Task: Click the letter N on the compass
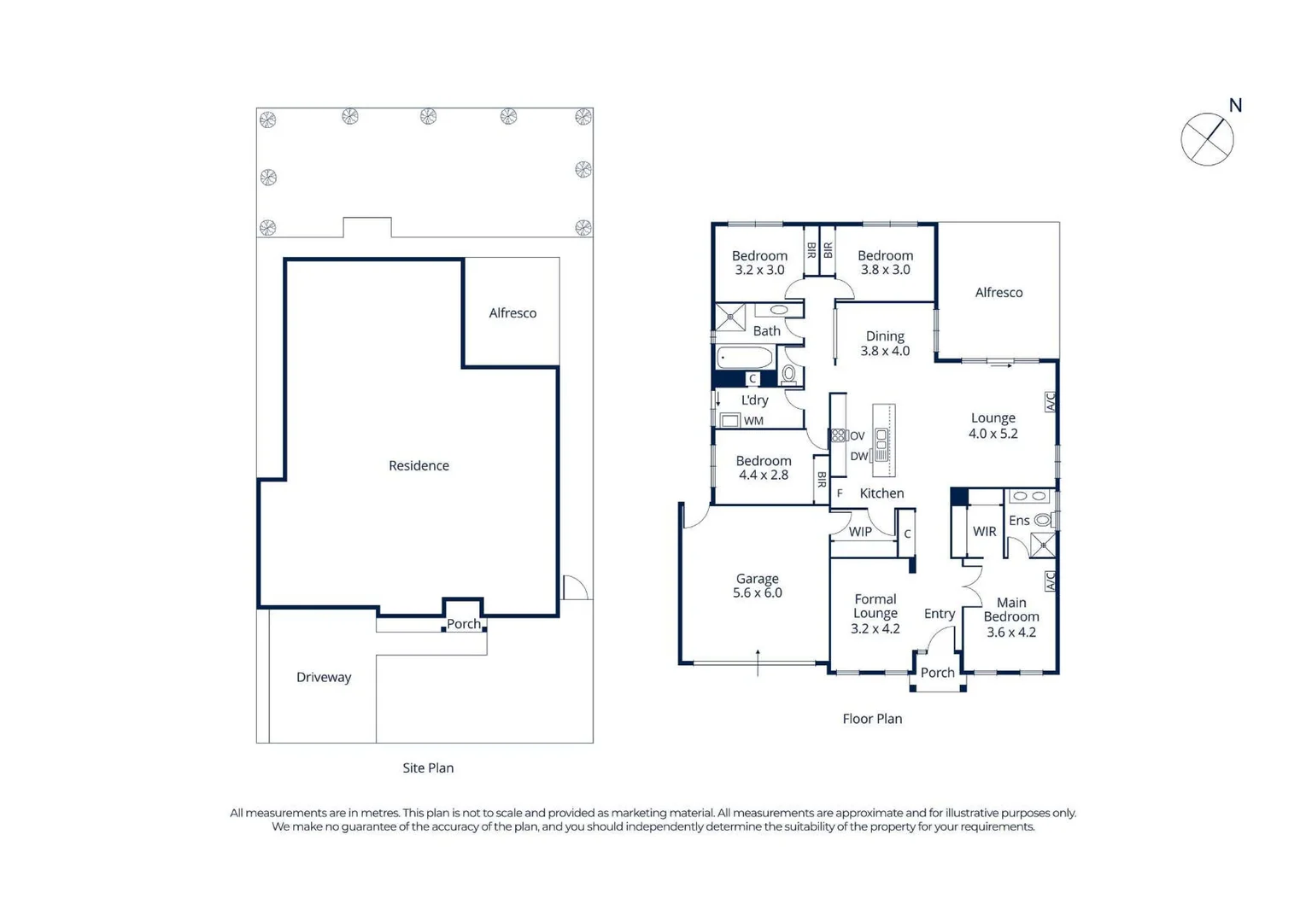[x=1235, y=106]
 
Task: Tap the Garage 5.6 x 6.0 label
[x=758, y=586]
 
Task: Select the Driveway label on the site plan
[x=324, y=677]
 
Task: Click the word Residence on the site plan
[x=419, y=465]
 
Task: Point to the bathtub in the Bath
[x=745, y=357]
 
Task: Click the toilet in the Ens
[x=1042, y=520]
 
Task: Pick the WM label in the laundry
[x=753, y=421]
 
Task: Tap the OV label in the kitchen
[x=857, y=436]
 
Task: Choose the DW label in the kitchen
[x=858, y=457]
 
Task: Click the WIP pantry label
[x=860, y=532]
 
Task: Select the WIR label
[x=984, y=532]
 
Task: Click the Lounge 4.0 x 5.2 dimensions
[x=993, y=434]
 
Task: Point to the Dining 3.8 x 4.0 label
[x=885, y=343]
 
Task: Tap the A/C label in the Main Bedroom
[x=1050, y=581]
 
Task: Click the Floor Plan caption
[x=872, y=719]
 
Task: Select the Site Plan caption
[x=428, y=768]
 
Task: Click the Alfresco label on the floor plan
[x=999, y=293]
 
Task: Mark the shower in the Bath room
[x=730, y=318]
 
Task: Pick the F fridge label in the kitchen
[x=840, y=493]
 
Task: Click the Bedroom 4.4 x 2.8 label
[x=764, y=468]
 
